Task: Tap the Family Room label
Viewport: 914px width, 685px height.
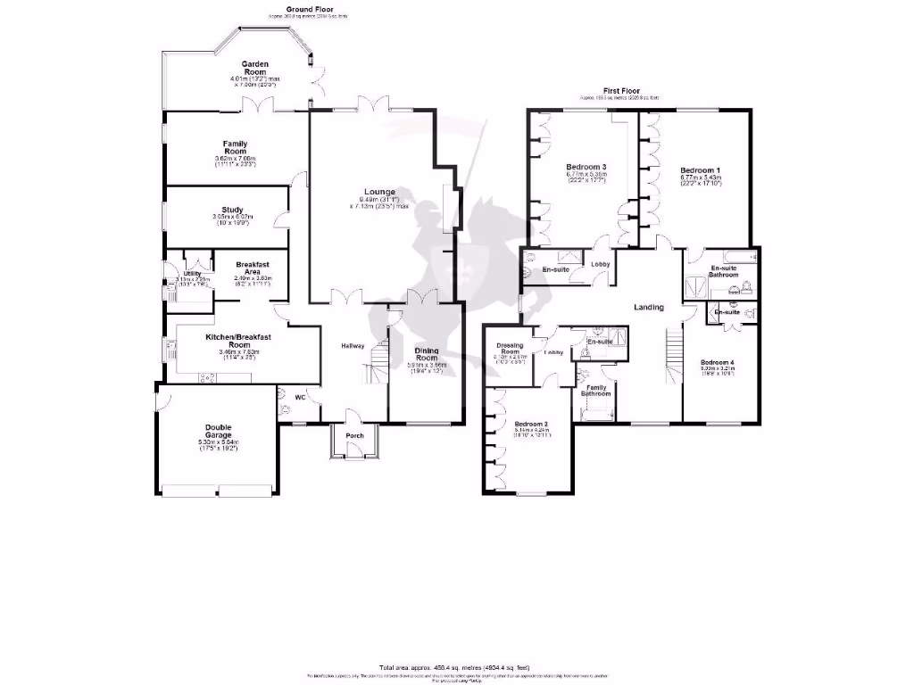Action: coord(235,147)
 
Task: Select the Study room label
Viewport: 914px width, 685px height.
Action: coord(233,210)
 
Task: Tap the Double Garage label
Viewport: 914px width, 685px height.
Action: coord(218,431)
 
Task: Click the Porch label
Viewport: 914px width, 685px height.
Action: coord(354,423)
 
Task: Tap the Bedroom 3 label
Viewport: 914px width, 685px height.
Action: coord(586,167)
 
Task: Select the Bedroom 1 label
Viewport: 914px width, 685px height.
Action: coord(699,169)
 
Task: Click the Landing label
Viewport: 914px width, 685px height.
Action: coord(648,308)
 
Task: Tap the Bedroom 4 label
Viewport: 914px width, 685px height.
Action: coord(717,361)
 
